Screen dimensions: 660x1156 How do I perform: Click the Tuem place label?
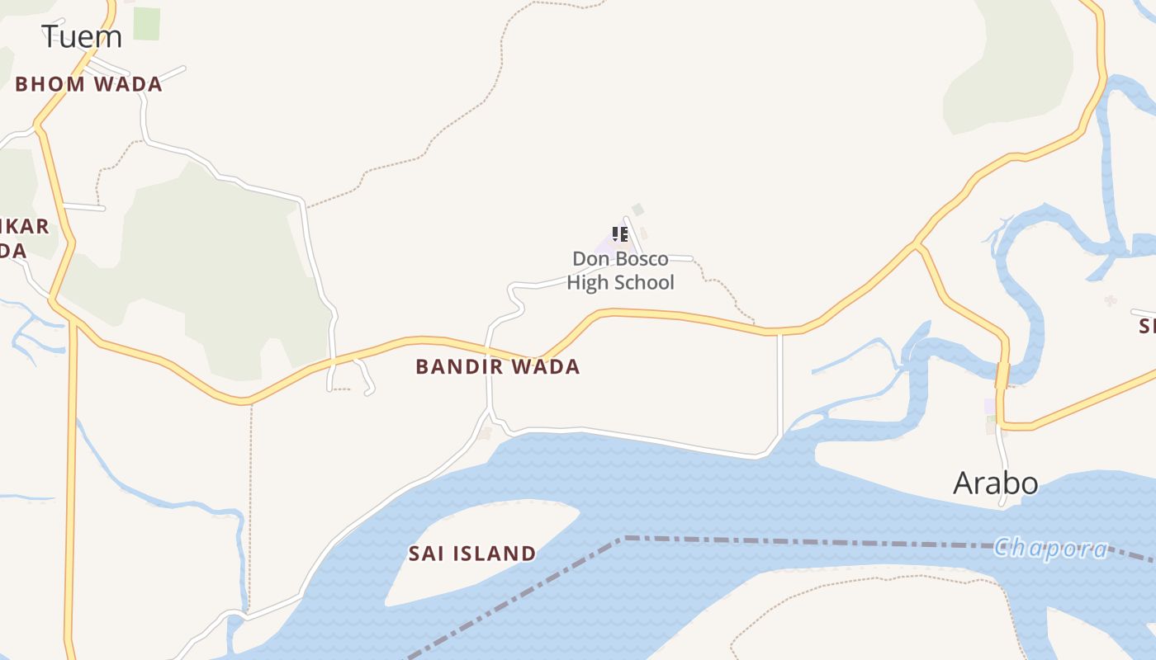pyautogui.click(x=82, y=36)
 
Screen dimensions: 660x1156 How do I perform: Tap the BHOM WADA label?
pyautogui.click(x=88, y=84)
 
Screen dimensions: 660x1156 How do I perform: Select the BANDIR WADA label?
pyautogui.click(x=497, y=366)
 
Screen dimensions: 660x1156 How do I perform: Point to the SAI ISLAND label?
pyautogui.click(x=472, y=554)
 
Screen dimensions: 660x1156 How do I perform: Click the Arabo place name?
pyautogui.click(x=995, y=483)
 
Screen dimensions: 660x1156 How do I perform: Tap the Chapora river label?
pyautogui.click(x=1050, y=549)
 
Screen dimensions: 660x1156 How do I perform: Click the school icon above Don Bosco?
pyautogui.click(x=620, y=234)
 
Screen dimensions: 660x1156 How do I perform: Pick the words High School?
pyautogui.click(x=620, y=283)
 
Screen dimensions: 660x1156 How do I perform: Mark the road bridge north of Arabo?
pyautogui.click(x=1002, y=376)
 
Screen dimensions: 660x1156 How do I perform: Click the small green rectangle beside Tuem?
pyautogui.click(x=146, y=23)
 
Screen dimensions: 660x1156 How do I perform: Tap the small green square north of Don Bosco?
pyautogui.click(x=637, y=210)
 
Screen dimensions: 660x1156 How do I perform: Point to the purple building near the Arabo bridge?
pyautogui.click(x=990, y=406)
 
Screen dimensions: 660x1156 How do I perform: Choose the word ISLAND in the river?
pyautogui.click(x=497, y=554)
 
